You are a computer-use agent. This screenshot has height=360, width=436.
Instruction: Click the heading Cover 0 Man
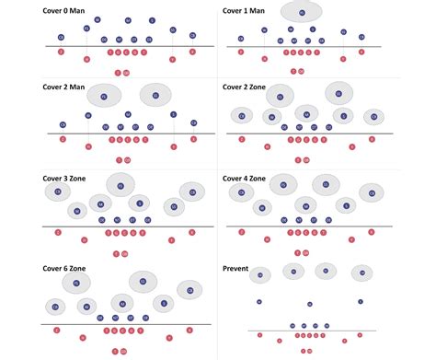point(66,10)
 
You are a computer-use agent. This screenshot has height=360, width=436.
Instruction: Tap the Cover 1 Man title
point(244,10)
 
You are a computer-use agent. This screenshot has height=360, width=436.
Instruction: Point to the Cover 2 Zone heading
point(246,88)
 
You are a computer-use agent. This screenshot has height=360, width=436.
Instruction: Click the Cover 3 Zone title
point(67,177)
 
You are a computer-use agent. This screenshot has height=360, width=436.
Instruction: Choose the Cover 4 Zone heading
point(246,177)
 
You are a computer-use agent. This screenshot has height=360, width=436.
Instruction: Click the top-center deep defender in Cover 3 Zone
point(120,185)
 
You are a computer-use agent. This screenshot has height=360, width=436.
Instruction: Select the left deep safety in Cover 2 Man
point(103,96)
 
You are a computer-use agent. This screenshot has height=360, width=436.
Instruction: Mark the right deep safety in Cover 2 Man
point(155,95)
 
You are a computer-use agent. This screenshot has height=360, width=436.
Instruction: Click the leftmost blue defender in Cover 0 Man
point(61,38)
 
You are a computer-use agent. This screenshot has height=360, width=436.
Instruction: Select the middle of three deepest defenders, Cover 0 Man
point(125,19)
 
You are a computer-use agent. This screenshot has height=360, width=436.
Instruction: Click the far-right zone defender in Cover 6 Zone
point(190,290)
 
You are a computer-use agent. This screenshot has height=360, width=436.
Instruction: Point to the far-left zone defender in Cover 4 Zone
point(241,193)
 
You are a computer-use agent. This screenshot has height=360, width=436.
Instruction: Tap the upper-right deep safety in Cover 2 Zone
point(338,94)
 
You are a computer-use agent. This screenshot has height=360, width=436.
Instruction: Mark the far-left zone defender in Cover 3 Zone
point(58,192)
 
